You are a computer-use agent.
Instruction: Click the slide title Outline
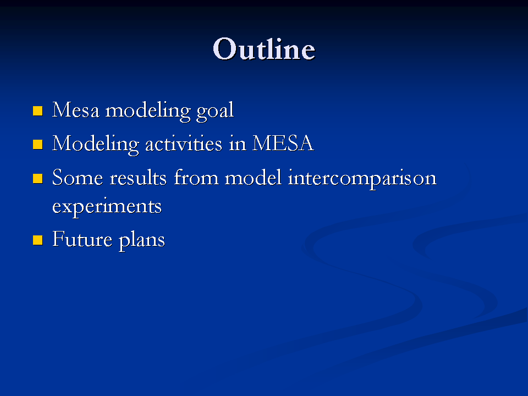click(264, 49)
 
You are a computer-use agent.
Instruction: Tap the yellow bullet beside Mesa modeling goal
click(38, 111)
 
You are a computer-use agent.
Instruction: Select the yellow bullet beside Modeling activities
click(38, 145)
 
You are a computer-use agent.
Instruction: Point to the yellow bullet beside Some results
click(38, 178)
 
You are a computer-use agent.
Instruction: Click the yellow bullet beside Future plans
click(38, 240)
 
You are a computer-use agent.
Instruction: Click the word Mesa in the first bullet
click(76, 110)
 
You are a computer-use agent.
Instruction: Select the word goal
click(215, 112)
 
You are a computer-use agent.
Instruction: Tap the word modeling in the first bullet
click(148, 112)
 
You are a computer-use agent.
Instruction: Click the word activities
click(184, 144)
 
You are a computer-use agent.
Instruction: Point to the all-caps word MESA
click(283, 144)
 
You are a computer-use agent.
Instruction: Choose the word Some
click(78, 178)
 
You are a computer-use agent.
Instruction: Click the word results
click(138, 178)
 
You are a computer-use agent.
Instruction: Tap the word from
click(196, 177)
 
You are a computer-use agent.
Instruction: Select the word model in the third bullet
click(253, 177)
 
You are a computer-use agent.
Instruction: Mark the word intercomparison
click(362, 179)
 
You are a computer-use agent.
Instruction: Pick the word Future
click(82, 239)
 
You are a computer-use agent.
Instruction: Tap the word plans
click(142, 241)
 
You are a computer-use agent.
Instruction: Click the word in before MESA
click(238, 144)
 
